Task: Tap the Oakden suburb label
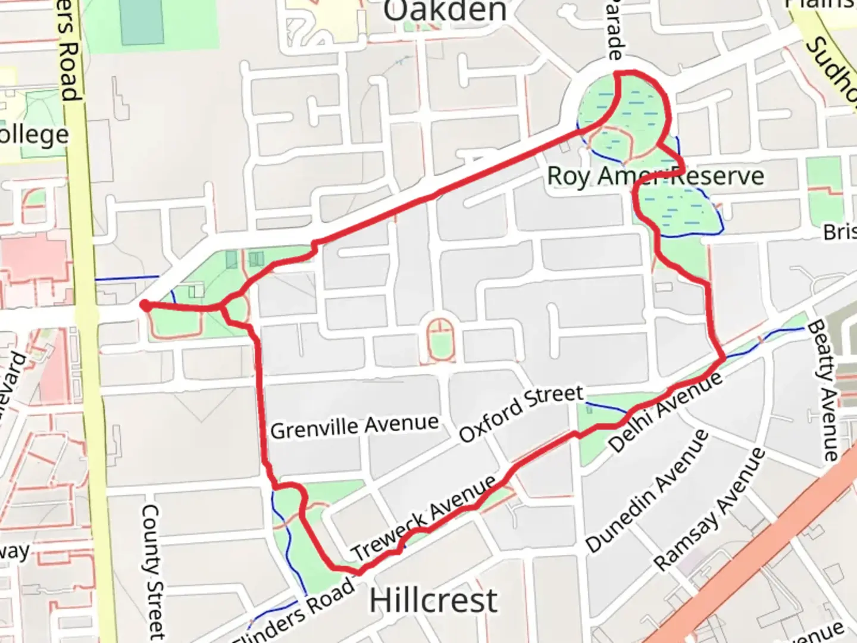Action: point(445,11)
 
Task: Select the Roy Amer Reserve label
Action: point(655,176)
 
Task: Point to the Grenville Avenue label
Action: point(355,426)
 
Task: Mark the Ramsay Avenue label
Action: point(709,508)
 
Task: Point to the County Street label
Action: point(154,572)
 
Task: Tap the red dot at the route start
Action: point(145,305)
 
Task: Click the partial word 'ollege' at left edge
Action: point(35,135)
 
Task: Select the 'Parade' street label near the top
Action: point(615,30)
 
